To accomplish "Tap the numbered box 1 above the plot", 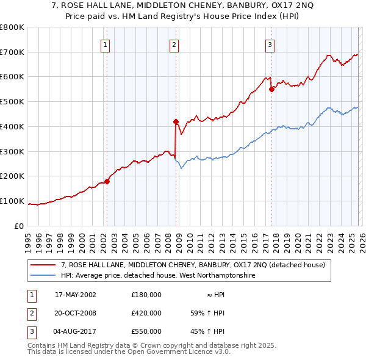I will [106, 44].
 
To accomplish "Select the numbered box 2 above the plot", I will [174, 44].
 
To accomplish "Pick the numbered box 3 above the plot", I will [270, 44].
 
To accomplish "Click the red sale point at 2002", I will [107, 181].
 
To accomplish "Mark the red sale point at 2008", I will [176, 121].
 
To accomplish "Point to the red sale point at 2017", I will [271, 89].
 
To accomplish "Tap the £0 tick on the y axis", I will [20, 226].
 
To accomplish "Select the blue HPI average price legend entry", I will [158, 276].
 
